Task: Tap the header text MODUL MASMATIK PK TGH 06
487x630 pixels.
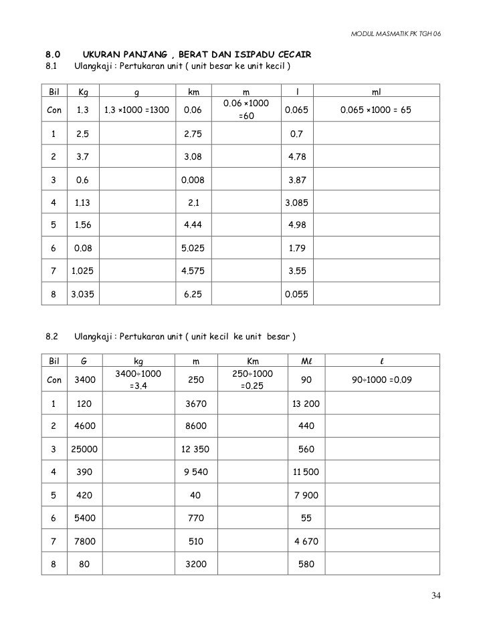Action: click(x=395, y=33)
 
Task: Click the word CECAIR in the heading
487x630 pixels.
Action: click(x=293, y=53)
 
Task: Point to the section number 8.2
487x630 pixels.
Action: click(x=53, y=335)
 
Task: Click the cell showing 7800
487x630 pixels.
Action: click(x=84, y=541)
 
